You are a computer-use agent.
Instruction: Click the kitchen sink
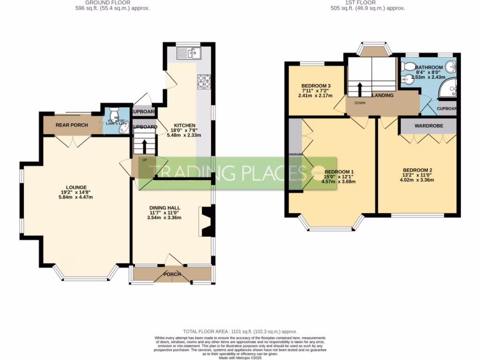[189, 54]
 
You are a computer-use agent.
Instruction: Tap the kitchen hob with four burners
[204, 82]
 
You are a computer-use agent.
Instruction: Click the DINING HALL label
[165, 208]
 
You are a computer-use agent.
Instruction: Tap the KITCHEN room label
[185, 126]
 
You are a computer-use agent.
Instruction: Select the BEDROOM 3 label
[316, 86]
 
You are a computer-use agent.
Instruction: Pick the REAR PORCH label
[72, 125]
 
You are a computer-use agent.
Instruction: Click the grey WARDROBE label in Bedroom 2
[427, 126]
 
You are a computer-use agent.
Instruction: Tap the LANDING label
[382, 96]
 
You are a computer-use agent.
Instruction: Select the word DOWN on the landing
[360, 103]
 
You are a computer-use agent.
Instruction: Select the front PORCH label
[172, 274]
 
